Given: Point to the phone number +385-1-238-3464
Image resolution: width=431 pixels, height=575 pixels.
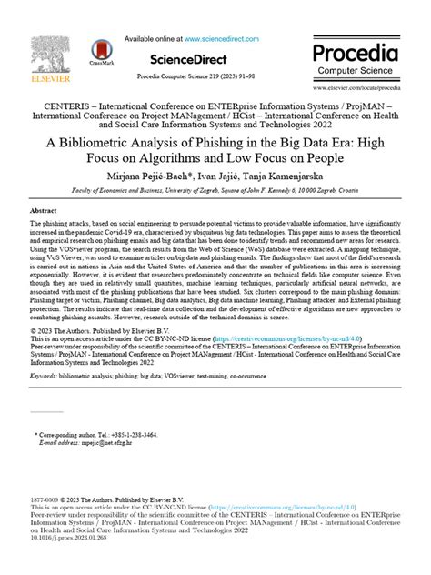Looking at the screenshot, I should pos(133,462).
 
